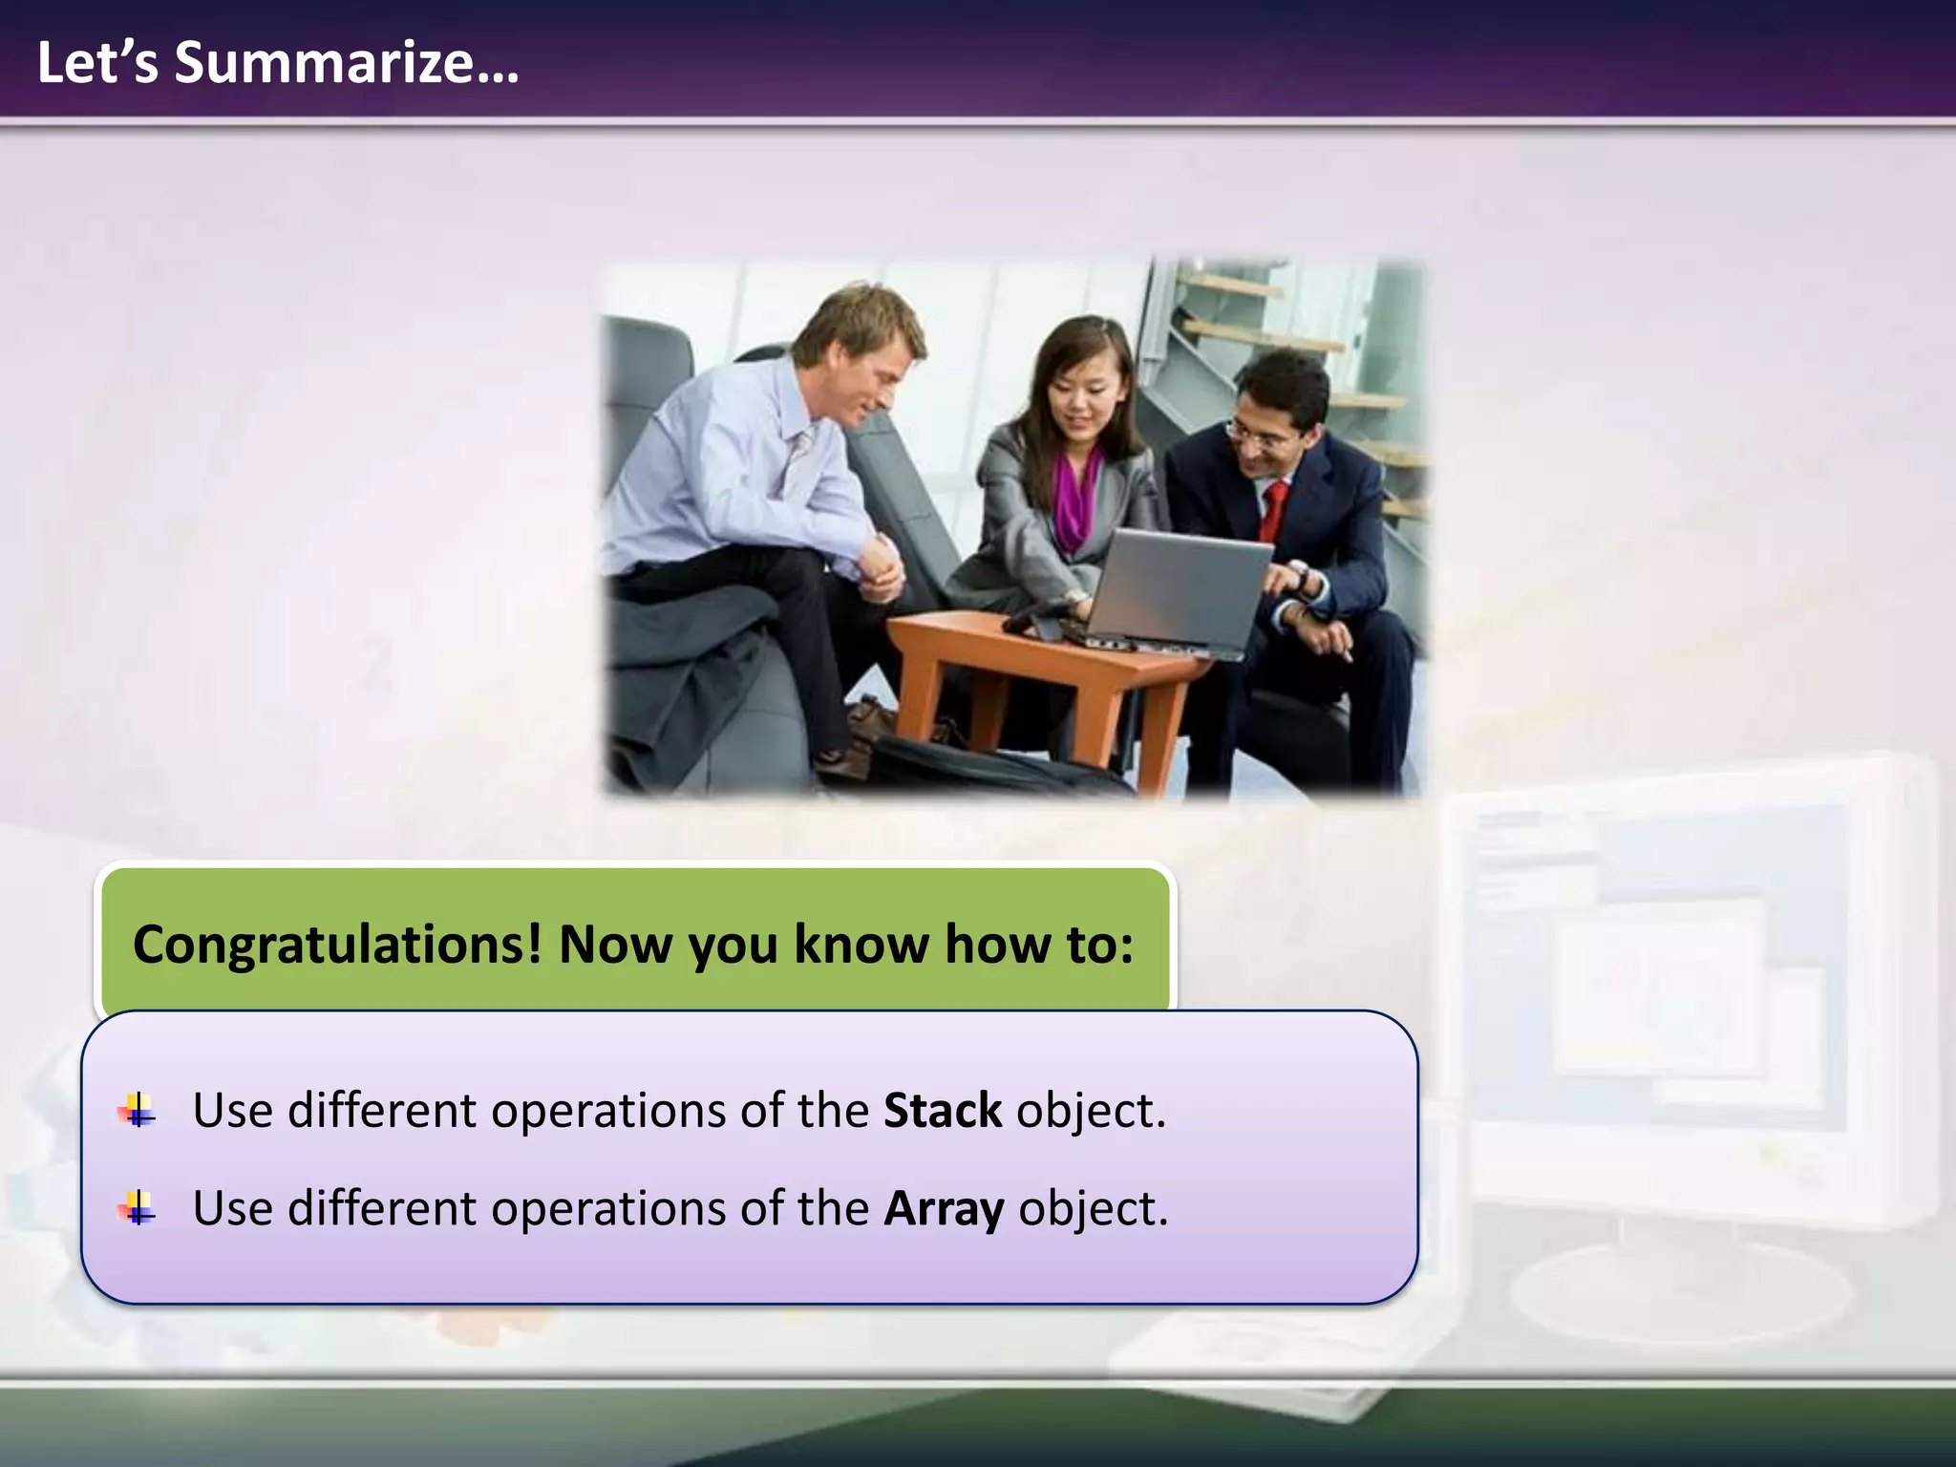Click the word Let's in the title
96,63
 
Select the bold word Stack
942,1111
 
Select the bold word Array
943,1208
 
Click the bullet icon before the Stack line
137,1111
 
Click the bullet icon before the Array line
137,1209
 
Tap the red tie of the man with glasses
1272,510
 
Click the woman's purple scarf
1077,497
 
